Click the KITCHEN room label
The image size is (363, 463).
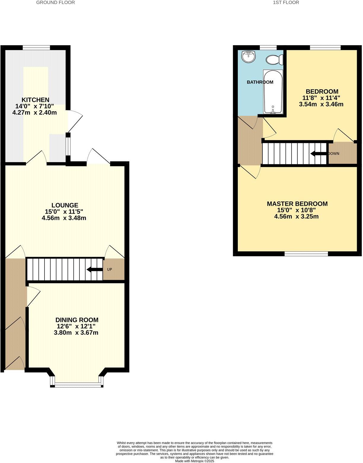coord(35,100)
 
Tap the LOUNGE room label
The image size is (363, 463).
coord(65,205)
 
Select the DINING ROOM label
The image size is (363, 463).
coord(77,320)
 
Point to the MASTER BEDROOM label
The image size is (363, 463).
coord(297,204)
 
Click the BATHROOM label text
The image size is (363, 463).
coord(260,82)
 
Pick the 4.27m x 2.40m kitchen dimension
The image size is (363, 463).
coord(35,113)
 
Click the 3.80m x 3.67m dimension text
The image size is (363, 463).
coord(76,333)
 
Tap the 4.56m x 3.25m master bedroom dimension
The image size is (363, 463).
coord(297,216)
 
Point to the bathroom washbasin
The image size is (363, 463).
coord(249,56)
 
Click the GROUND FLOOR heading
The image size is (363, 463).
coord(55,2)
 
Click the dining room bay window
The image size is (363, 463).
coord(77,385)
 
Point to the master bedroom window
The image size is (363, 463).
coord(306,254)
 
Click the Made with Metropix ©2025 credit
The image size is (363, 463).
coord(194,461)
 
